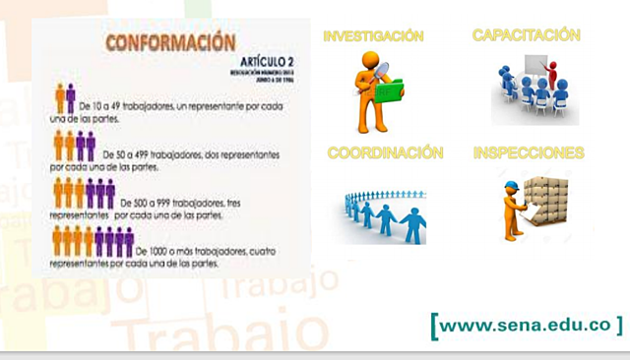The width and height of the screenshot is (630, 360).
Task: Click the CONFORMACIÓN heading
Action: coord(170,43)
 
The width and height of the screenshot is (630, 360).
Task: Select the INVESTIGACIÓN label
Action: coord(373,36)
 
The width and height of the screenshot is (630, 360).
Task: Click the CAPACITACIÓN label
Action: coord(526,35)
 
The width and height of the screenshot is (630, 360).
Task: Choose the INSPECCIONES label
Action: coord(528,153)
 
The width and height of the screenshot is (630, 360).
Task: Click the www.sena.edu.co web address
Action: coord(527,324)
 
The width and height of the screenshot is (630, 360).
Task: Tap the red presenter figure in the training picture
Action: coord(552,72)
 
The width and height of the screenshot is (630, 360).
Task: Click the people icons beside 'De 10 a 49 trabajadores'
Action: coord(65,97)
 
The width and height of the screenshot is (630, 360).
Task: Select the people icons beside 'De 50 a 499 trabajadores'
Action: coord(74,146)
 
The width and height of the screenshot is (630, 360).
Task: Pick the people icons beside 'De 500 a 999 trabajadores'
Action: coord(84,192)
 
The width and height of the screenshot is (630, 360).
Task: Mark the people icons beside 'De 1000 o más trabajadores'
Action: coord(93,241)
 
